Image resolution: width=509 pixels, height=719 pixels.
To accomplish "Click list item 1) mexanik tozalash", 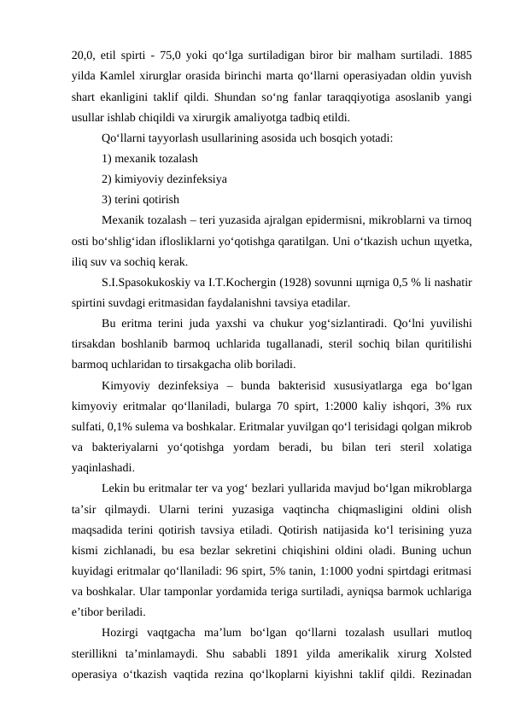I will coord(149,158).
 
